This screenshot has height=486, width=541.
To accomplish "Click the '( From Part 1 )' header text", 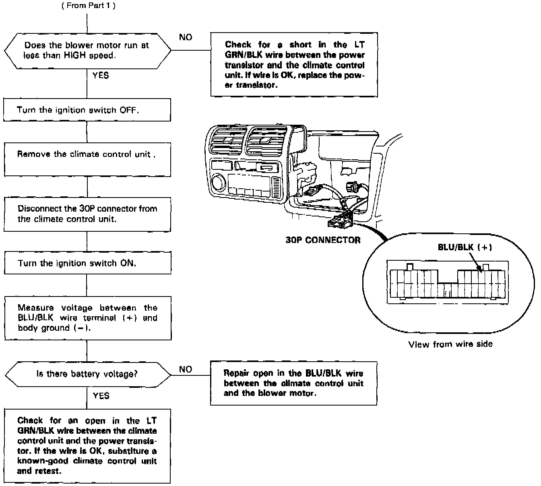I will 88,6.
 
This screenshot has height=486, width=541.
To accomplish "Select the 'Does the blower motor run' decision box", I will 87,51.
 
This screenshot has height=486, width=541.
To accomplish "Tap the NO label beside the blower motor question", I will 186,37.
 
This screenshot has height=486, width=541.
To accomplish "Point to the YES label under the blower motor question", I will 100,75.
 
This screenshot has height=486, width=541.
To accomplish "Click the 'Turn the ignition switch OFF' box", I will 87,110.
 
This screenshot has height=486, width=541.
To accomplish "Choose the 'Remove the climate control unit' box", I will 87,159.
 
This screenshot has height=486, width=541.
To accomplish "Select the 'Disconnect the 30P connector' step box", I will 87,214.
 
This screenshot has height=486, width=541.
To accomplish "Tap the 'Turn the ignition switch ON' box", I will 87,263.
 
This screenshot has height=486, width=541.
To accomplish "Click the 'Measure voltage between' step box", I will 87,318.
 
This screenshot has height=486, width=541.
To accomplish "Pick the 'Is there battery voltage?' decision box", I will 87,374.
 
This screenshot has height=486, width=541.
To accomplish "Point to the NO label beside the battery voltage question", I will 185,369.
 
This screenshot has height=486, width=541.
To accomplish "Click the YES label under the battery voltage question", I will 101,396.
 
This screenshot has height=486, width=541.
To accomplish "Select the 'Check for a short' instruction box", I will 294,65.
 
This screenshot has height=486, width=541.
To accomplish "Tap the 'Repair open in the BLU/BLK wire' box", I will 293,383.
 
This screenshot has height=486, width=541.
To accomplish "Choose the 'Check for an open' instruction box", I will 87,446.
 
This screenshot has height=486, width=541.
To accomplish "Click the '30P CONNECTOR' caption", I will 323,240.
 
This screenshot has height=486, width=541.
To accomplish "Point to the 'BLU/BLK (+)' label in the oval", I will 465,247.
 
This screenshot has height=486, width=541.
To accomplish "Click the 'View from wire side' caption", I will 450,344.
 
